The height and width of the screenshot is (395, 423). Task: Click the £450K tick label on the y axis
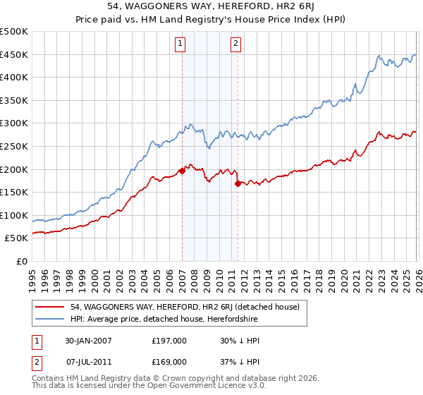pyautogui.click(x=14, y=54)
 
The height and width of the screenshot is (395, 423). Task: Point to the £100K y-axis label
pyautogui.click(x=14, y=215)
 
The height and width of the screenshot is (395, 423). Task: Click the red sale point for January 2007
pyautogui.click(x=182, y=170)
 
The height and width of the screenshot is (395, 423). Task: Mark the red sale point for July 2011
pyautogui.click(x=238, y=183)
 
